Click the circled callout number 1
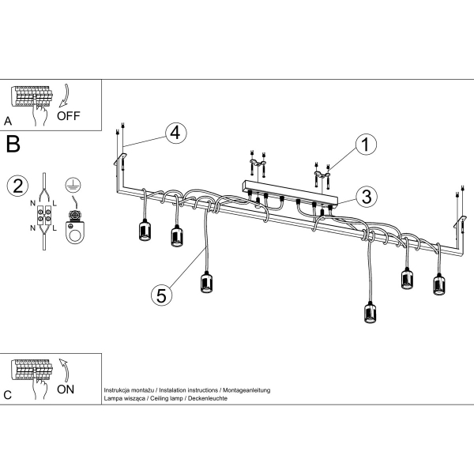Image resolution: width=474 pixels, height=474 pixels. click(364, 145)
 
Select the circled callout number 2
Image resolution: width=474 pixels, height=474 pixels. click(17, 186)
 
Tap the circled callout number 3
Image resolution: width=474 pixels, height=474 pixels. click(364, 197)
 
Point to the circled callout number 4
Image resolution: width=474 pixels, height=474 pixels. click(176, 133)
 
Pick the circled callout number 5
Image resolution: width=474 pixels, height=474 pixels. click(160, 295)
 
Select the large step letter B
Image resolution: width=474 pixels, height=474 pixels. click(13, 145)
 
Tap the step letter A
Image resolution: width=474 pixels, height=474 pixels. click(8, 121)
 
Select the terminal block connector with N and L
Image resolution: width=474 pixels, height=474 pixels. click(47, 216)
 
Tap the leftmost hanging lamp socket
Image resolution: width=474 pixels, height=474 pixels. click(145, 230)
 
